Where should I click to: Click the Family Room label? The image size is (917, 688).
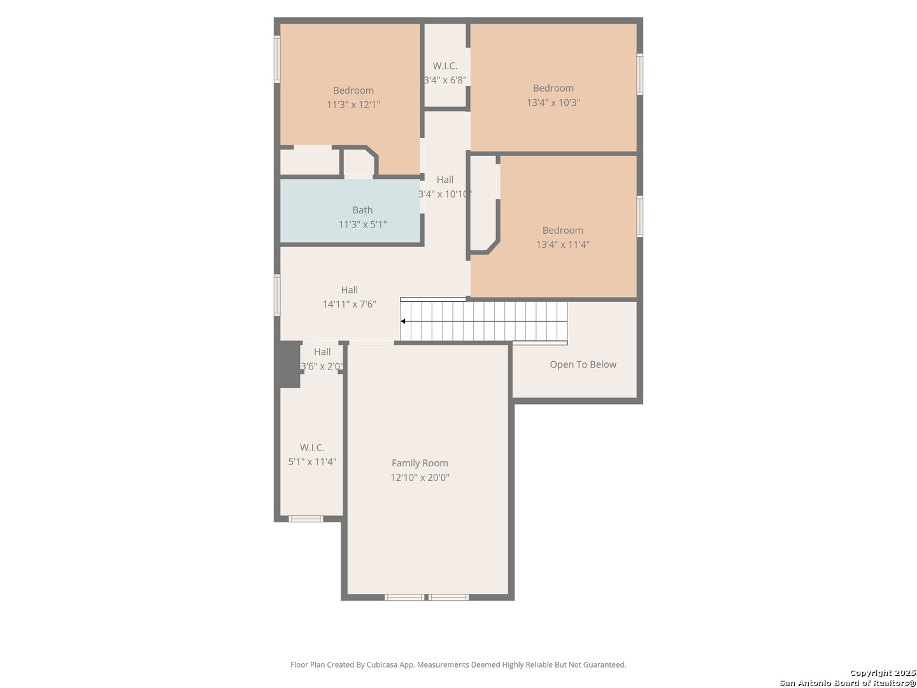(x=420, y=463)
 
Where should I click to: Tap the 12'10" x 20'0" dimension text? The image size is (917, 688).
(x=420, y=478)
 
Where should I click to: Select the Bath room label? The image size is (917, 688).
(x=362, y=210)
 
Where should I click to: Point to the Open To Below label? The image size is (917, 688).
(x=583, y=364)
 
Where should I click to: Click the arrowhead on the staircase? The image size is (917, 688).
(x=402, y=321)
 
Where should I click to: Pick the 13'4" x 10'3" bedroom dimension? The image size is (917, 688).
(x=553, y=103)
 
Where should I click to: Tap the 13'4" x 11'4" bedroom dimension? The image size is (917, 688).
(x=563, y=245)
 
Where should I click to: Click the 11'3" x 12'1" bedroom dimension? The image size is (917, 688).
(x=353, y=104)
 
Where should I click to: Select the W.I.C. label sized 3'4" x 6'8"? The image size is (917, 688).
(x=445, y=66)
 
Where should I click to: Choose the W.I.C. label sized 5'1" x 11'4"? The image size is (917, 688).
(x=312, y=448)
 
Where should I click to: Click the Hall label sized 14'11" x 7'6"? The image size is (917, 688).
(x=349, y=290)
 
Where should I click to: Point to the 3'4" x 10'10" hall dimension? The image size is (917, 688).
(x=445, y=194)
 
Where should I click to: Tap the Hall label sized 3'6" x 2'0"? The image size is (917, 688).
(x=322, y=352)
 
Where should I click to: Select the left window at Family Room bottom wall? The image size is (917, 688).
(x=404, y=598)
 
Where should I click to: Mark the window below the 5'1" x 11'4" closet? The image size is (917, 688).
(x=306, y=519)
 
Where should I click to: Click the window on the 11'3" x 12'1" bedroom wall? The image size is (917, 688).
(x=276, y=59)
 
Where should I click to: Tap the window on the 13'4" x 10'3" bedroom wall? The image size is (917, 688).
(x=639, y=74)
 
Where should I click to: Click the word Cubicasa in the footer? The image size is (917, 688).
(x=383, y=664)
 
